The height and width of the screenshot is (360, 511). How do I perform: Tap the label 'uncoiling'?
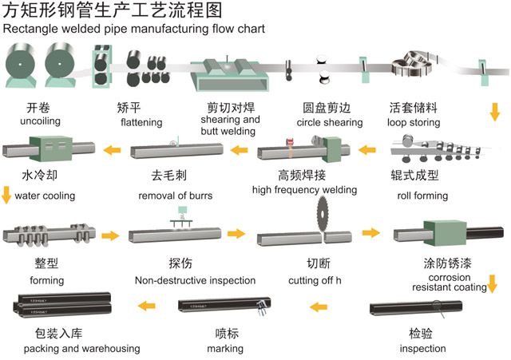pyautogui.click(x=31, y=121)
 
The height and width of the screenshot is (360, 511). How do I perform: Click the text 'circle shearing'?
pyautogui.click(x=330, y=122)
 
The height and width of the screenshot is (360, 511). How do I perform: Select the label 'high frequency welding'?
pyautogui.click(x=304, y=189)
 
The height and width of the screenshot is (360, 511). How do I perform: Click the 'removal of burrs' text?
pyautogui.click(x=176, y=196)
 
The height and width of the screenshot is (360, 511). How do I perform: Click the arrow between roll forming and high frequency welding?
pyautogui.click(x=366, y=148)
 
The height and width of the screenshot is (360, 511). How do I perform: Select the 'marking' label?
pyautogui.click(x=225, y=348)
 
